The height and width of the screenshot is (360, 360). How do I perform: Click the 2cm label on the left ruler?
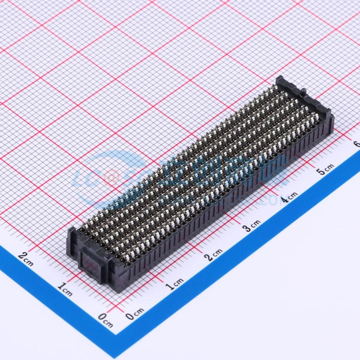25,258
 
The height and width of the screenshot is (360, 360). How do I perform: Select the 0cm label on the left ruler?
105,320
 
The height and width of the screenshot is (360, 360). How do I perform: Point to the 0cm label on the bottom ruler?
135,313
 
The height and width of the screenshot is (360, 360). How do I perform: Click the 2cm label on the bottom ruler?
214,254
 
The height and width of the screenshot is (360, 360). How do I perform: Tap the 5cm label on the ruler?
325,169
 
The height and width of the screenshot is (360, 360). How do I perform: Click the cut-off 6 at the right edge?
356,144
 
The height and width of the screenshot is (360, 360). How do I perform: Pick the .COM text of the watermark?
270,200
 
